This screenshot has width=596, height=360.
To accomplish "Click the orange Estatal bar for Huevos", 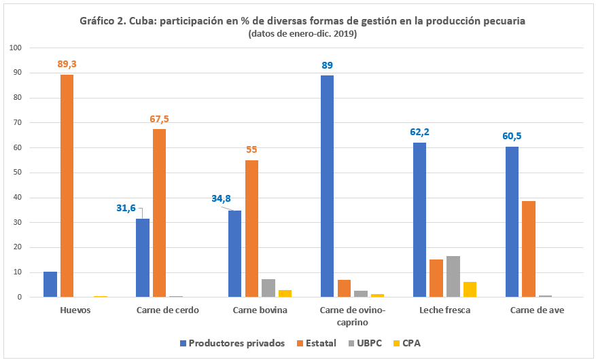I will point(67,185).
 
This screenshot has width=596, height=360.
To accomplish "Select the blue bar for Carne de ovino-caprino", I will point(327,186).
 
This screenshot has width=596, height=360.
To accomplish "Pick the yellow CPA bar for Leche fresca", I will point(470,289).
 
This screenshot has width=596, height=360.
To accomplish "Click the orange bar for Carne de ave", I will point(529,249).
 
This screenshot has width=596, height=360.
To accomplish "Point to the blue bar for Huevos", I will point(50,285).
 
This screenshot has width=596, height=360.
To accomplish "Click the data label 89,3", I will point(67,64).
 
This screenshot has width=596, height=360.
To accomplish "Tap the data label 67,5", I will point(159,119).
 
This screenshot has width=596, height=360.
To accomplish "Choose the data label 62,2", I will point(419,132).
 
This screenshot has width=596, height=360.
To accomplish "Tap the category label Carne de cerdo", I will point(167,310).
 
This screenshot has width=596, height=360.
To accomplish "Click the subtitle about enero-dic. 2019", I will point(302,34).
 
